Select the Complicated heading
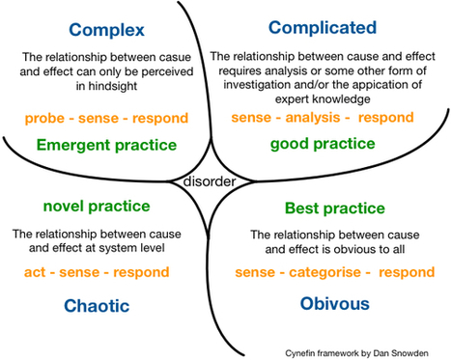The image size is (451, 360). tap(322, 26)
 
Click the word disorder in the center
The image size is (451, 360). tap(208, 180)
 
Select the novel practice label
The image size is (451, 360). tap(96, 206)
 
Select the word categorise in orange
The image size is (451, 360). tap(324, 273)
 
